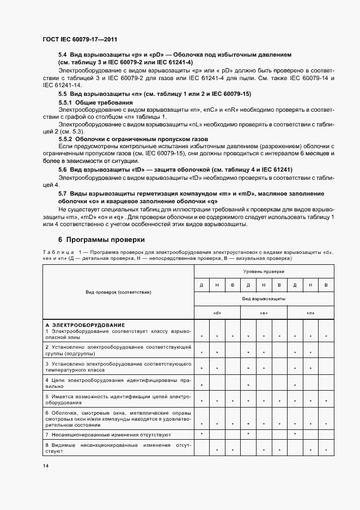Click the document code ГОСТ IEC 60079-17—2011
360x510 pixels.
point(80,40)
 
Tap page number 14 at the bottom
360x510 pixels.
point(46,465)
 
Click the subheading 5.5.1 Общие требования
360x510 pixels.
point(96,102)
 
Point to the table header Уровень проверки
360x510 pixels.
point(264,271)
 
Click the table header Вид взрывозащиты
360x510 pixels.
point(264,299)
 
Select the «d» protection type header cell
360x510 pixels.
point(217,313)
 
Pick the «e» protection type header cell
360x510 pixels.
point(264,313)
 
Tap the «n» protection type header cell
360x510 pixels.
point(310,313)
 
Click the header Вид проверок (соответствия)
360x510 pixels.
point(119,292)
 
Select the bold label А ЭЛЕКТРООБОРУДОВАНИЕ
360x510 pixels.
point(86,325)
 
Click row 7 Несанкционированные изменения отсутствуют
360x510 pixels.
point(108,435)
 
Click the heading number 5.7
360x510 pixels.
point(63,193)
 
